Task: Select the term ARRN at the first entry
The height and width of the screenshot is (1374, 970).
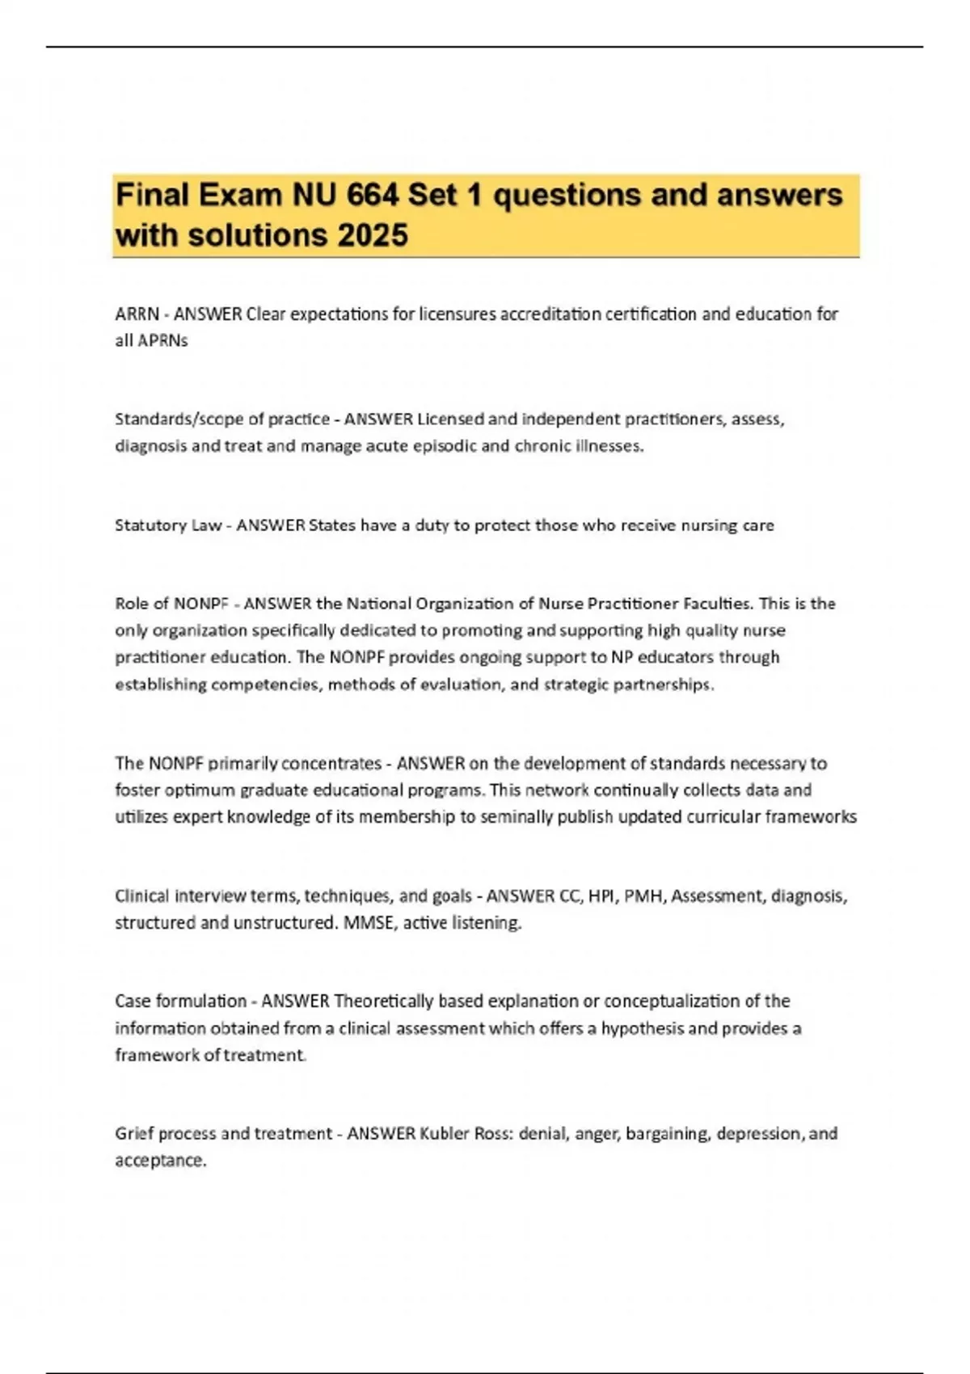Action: pyautogui.click(x=137, y=314)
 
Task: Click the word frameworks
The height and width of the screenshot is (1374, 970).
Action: pyautogui.click(x=811, y=817)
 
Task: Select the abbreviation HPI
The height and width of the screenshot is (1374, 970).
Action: pyautogui.click(x=601, y=896)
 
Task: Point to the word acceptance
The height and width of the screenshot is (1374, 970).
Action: pyautogui.click(x=160, y=1161)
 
